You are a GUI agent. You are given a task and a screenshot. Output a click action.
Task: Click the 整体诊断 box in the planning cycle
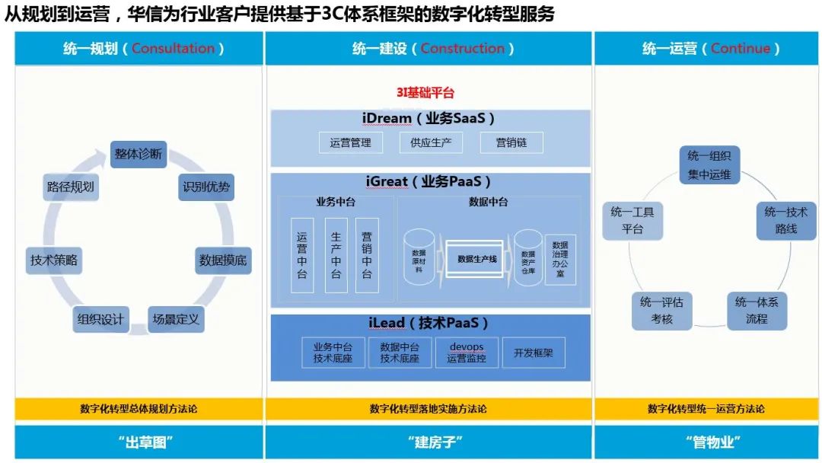[139, 154]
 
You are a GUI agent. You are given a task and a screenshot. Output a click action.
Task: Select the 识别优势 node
[206, 187]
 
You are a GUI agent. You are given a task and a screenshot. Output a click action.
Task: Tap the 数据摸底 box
[222, 260]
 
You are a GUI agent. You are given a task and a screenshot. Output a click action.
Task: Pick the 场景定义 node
[176, 319]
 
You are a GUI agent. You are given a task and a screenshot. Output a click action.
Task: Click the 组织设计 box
[100, 319]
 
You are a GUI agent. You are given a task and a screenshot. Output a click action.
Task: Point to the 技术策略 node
[54, 260]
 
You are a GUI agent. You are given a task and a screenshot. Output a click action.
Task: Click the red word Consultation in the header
[174, 49]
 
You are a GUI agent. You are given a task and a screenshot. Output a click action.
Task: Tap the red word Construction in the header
[462, 49]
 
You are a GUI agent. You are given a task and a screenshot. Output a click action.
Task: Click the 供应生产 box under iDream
[432, 142]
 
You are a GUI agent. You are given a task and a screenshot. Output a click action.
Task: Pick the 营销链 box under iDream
[510, 142]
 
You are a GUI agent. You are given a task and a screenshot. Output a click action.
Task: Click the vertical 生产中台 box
[336, 256]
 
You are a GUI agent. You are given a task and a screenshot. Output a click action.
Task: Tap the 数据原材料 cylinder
[419, 259]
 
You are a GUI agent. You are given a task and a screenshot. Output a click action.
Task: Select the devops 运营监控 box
[467, 352]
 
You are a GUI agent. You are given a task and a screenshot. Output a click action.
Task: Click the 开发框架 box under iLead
[534, 352]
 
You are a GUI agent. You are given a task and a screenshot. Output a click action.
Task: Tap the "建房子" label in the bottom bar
[429, 442]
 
